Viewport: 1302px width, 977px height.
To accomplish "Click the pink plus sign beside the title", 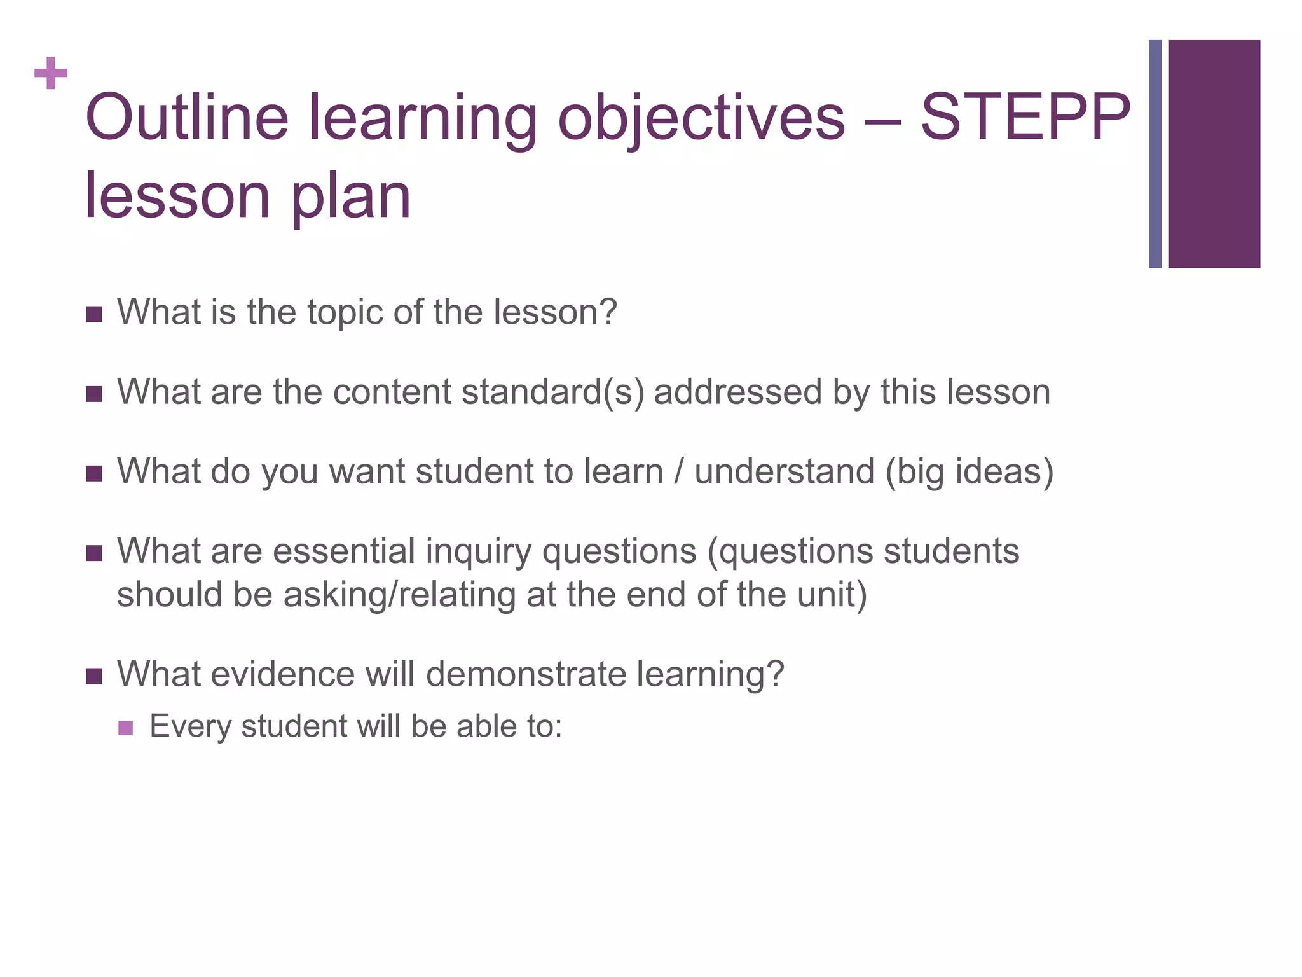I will coord(51,73).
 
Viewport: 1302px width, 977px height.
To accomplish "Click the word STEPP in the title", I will coord(1025,118).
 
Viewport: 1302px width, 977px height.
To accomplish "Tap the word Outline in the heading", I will coord(187,118).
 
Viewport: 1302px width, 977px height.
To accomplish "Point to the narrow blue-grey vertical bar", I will coord(1155,154).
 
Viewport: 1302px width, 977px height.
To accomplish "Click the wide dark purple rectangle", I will coord(1214,154).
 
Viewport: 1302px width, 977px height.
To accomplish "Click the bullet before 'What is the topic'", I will coord(94,314).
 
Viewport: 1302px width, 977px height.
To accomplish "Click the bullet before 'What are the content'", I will coord(94,394).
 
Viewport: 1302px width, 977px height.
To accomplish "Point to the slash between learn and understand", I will coord(678,472).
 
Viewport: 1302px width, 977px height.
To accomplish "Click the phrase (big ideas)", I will coord(970,472).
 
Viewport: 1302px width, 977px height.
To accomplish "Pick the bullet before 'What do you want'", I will coord(94,474).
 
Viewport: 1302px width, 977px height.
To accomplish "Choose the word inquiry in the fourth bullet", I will coord(478,551).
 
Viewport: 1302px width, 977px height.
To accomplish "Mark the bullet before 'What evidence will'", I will coord(94,676).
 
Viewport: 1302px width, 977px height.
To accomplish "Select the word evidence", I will coord(282,674).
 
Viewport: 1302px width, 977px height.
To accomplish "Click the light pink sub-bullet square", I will coord(126,728).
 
